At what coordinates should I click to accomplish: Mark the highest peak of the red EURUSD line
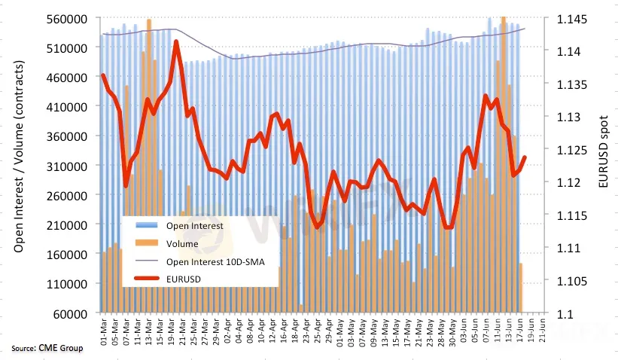(x=176, y=42)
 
